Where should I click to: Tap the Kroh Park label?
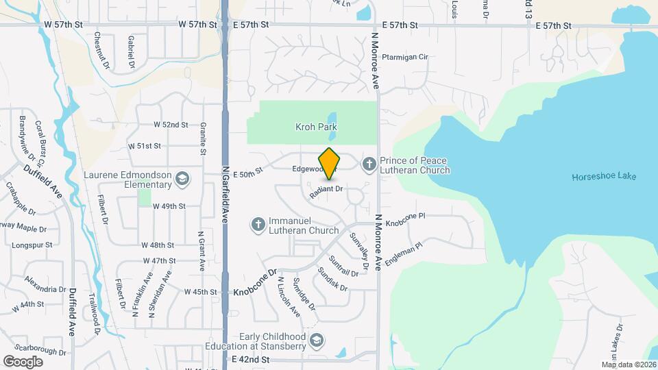pyautogui.click(x=316, y=127)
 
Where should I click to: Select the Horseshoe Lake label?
pyautogui.click(x=604, y=177)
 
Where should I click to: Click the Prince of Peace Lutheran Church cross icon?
pyautogui.click(x=369, y=164)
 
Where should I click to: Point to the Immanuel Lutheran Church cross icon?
pyautogui.click(x=258, y=225)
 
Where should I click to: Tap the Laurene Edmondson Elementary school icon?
pyautogui.click(x=182, y=179)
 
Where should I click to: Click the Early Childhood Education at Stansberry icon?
pyautogui.click(x=317, y=341)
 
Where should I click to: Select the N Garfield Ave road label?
pyautogui.click(x=225, y=194)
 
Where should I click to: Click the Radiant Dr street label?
pyautogui.click(x=326, y=192)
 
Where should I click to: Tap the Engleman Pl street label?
pyautogui.click(x=404, y=251)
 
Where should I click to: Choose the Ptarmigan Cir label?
pyautogui.click(x=404, y=58)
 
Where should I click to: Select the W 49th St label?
pyautogui.click(x=169, y=206)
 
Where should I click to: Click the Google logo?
pyautogui.click(x=23, y=361)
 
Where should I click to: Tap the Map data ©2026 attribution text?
pyautogui.click(x=629, y=365)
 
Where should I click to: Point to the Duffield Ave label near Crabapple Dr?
pyautogui.click(x=42, y=181)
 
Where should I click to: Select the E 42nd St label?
pyautogui.click(x=249, y=359)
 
